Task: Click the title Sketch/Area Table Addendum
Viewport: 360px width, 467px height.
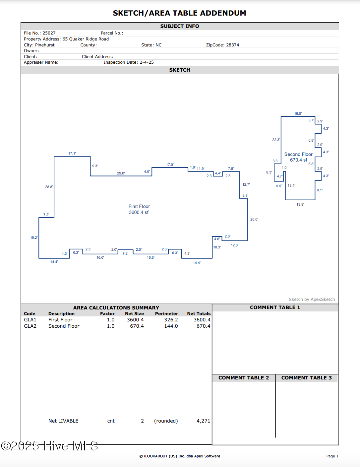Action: pos(179,13)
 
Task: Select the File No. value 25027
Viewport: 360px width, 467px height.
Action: pos(49,33)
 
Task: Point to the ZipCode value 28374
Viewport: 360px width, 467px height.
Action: pos(232,45)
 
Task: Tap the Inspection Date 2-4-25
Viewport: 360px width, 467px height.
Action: pos(147,62)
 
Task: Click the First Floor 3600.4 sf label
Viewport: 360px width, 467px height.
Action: pos(139,209)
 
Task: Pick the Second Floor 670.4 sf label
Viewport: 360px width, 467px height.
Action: pos(298,157)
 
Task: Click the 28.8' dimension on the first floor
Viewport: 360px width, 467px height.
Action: pos(49,187)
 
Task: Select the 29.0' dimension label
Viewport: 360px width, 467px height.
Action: pos(121,173)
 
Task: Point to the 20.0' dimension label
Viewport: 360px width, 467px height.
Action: pos(254,220)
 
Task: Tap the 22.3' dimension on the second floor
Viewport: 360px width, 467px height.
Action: pos(276,140)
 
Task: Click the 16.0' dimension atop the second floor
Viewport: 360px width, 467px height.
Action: pos(298,114)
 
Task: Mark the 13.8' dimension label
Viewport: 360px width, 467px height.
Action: pos(300,205)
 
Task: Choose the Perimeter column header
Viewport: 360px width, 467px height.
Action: pos(166,314)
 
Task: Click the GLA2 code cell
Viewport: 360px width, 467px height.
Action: pos(30,326)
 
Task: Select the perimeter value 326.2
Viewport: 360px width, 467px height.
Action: pos(171,320)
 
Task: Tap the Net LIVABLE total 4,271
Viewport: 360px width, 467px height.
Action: pos(203,421)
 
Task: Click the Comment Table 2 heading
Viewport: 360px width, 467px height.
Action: pos(244,378)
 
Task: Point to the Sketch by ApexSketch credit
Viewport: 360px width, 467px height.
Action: pos(312,300)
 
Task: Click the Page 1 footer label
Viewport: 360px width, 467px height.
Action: pos(332,456)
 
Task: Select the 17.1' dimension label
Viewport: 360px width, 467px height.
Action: pos(72,154)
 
